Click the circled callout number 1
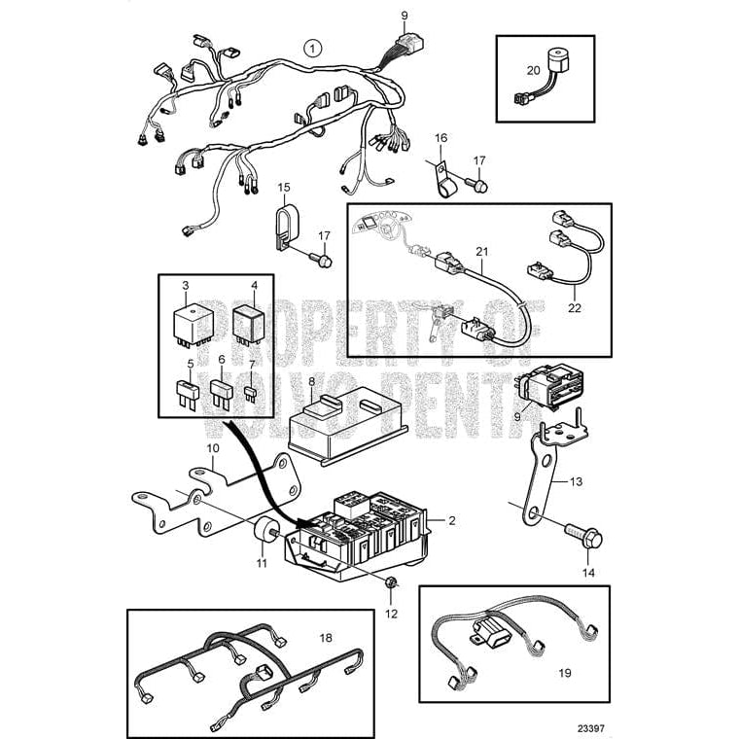coord(311,47)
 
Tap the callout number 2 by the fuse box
coord(452,521)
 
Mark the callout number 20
coord(532,69)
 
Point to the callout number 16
coord(440,139)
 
